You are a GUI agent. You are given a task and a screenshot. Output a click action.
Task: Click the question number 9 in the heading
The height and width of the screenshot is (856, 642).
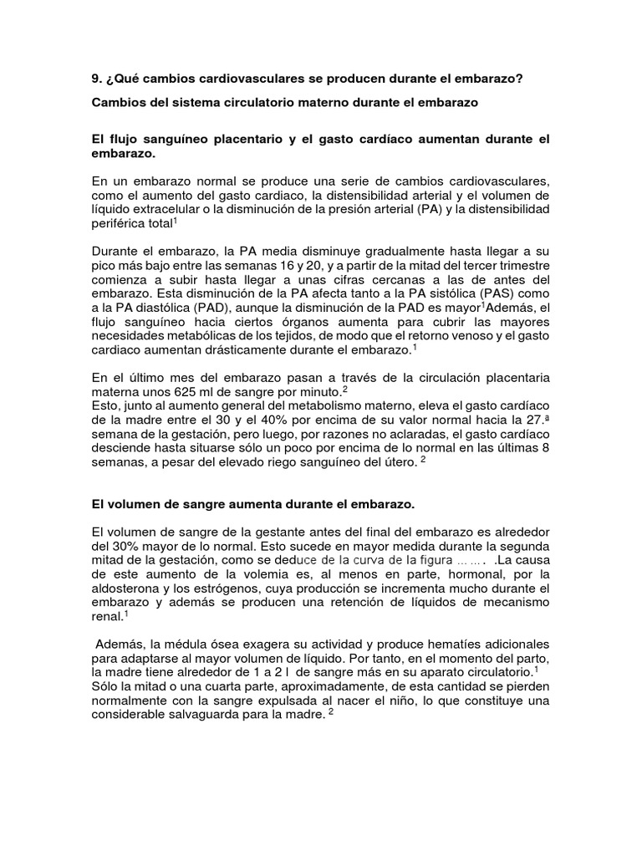point(94,79)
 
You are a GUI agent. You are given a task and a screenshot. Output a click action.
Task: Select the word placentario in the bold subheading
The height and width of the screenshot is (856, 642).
point(242,138)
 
